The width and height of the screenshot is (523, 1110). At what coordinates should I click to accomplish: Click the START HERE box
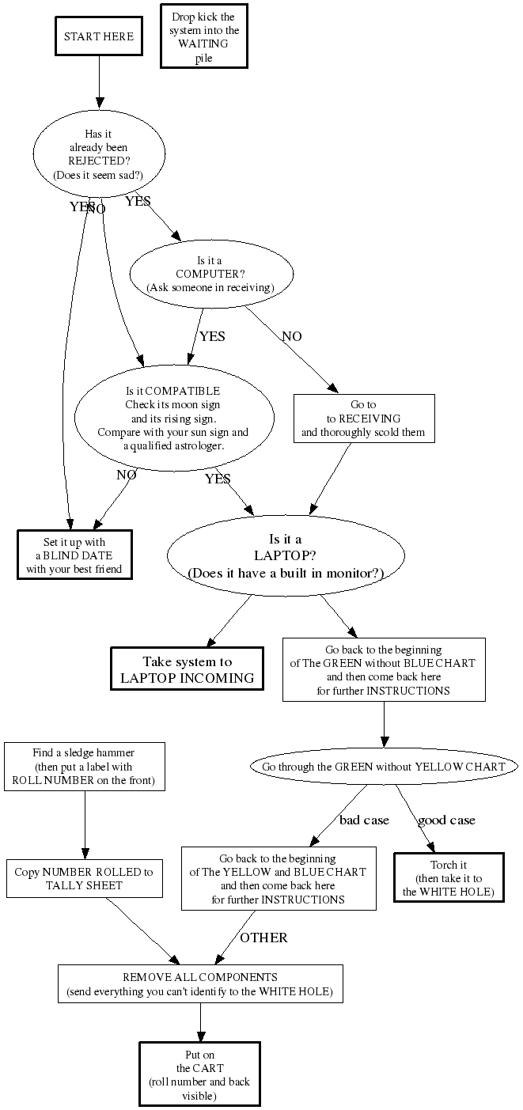coord(99,36)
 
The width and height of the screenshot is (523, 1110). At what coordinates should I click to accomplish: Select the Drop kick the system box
coord(203,36)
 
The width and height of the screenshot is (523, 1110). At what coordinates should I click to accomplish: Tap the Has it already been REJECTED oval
coord(99,154)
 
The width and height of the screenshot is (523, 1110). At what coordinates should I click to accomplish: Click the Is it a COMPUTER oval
coord(210,273)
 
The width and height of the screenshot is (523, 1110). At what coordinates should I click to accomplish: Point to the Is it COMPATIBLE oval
coord(173,418)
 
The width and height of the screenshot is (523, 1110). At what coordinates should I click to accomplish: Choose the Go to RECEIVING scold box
coord(363,418)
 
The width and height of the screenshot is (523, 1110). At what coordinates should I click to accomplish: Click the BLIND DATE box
coord(75,555)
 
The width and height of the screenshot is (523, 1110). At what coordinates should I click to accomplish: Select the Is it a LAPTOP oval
coord(286,556)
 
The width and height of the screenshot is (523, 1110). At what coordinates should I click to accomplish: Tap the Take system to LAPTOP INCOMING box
coord(188,669)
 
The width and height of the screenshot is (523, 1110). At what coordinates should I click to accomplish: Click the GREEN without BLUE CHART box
coord(384,669)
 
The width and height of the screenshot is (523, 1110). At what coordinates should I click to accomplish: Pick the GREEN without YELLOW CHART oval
coord(384,766)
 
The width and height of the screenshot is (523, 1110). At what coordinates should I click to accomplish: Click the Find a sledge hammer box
coord(85,766)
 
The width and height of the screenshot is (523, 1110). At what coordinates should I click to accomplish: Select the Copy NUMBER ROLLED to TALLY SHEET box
coord(85,878)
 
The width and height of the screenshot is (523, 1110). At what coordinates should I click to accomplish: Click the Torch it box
coord(449,877)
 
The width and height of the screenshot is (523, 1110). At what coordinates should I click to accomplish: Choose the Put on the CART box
coord(200,1074)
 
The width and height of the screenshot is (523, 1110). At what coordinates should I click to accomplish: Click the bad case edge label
coord(364,820)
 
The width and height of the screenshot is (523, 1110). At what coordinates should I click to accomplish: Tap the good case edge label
coord(446,820)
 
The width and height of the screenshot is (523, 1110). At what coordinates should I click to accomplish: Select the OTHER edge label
coord(263,938)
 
